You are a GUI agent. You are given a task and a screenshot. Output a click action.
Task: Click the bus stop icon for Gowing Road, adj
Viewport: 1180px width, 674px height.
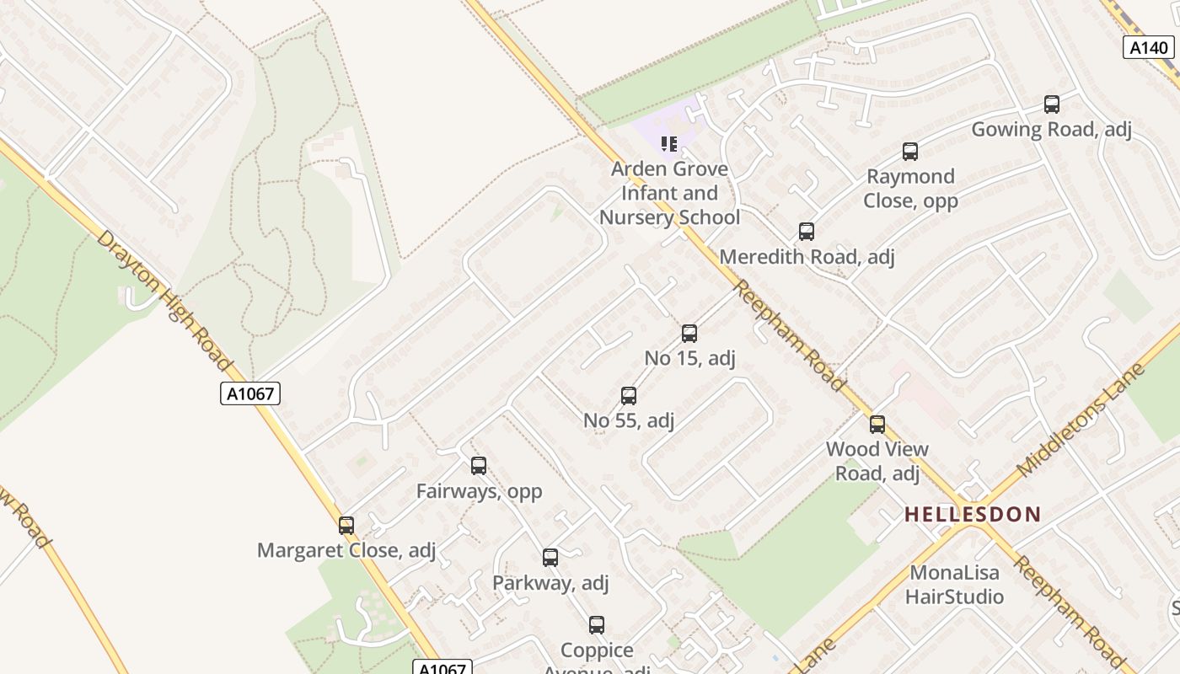click(1051, 104)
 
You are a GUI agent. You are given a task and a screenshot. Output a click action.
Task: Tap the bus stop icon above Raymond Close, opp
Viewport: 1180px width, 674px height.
click(909, 152)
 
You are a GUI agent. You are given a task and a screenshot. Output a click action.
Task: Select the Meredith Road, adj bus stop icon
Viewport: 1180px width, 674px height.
click(807, 232)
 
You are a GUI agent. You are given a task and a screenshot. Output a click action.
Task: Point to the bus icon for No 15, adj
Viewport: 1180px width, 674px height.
click(689, 334)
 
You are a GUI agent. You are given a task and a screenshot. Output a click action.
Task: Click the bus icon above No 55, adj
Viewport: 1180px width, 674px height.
click(628, 396)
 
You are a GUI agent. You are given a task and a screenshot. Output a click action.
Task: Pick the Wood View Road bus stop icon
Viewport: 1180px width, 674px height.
click(877, 425)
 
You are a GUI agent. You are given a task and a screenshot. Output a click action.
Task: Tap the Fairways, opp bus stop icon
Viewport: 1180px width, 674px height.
click(479, 466)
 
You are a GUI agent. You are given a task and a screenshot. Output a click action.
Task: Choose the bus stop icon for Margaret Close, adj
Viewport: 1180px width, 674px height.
click(346, 526)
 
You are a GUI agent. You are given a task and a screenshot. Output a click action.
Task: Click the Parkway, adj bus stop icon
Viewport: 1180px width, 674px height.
click(550, 558)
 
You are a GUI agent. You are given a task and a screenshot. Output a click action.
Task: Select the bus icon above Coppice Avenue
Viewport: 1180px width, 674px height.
click(597, 625)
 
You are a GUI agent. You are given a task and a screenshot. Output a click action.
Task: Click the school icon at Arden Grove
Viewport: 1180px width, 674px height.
click(669, 144)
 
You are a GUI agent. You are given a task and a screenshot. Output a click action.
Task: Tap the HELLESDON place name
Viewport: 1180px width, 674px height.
click(973, 514)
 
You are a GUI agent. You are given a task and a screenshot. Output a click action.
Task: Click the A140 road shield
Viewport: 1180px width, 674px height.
click(1149, 47)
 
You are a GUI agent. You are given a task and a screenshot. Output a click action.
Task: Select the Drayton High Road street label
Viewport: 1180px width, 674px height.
click(164, 300)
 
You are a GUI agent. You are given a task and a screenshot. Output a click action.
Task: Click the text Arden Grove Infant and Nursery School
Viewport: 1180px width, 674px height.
click(669, 193)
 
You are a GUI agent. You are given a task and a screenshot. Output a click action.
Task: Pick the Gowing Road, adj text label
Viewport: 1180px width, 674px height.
click(1051, 130)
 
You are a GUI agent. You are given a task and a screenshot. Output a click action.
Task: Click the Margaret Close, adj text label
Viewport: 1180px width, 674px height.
click(346, 550)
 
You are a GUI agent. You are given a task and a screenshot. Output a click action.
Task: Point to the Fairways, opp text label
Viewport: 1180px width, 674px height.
click(479, 490)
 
